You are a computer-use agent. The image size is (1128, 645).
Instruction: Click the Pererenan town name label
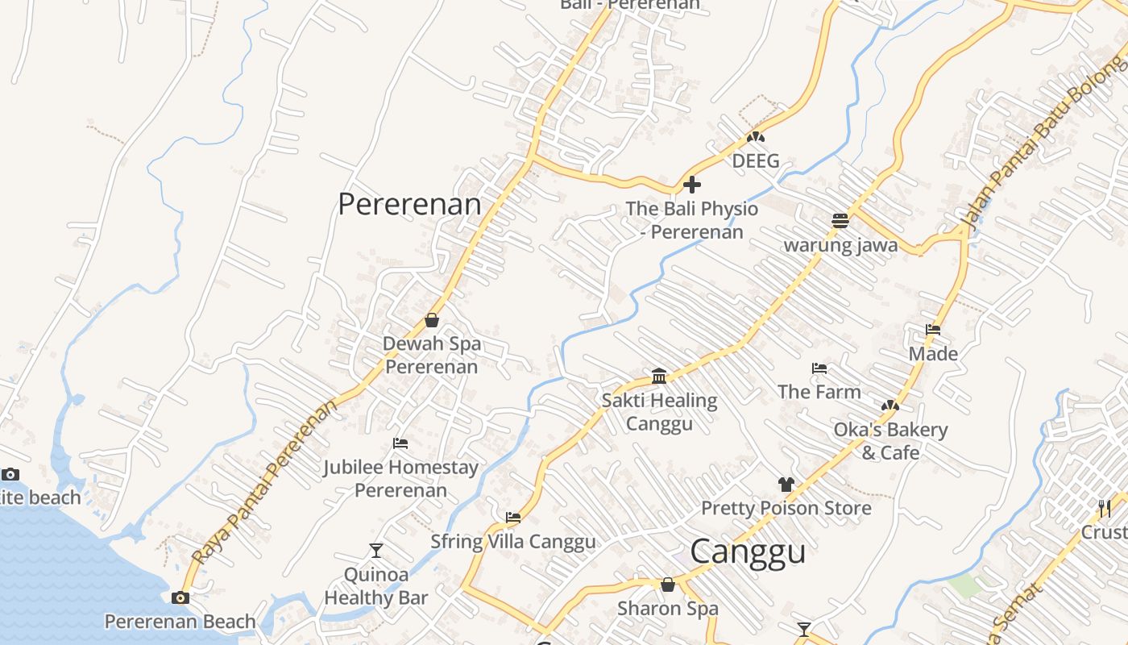click(x=409, y=204)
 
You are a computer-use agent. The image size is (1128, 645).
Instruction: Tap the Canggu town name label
click(x=748, y=552)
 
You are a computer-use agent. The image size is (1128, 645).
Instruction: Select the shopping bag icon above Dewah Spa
click(x=432, y=320)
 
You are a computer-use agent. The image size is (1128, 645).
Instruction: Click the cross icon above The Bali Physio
click(x=691, y=185)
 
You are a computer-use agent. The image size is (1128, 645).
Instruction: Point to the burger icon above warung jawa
click(x=840, y=221)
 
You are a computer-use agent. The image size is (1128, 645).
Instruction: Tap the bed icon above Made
click(x=933, y=330)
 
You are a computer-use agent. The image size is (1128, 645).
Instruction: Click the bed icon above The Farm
click(x=819, y=368)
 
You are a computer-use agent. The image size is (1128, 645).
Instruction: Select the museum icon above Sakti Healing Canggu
click(x=659, y=376)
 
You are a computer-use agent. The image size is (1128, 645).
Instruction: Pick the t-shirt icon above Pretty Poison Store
click(x=786, y=485)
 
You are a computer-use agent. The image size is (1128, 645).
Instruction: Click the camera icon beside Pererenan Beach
click(x=180, y=597)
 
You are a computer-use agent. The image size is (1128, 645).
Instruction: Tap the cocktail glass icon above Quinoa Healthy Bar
click(x=376, y=551)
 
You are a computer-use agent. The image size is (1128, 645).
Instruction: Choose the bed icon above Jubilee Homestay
click(x=400, y=443)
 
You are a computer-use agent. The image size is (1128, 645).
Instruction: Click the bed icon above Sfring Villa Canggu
click(x=513, y=518)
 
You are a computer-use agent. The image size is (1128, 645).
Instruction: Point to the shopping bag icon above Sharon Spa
click(x=668, y=585)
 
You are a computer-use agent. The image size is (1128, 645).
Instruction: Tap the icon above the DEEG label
click(x=755, y=137)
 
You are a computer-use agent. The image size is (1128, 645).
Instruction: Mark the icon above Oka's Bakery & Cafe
click(x=890, y=406)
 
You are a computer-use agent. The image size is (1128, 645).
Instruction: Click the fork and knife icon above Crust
click(x=1104, y=508)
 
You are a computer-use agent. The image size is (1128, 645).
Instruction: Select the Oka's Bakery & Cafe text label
click(x=890, y=441)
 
